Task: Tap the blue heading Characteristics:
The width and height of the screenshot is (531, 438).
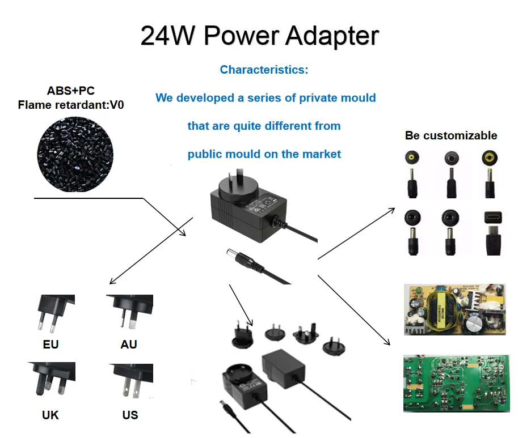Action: [264, 70]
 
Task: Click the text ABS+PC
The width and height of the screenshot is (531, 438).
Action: [71, 91]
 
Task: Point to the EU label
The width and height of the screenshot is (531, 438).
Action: [50, 345]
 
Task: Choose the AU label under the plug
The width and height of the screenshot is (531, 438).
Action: [129, 345]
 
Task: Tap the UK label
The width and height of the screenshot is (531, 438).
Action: [50, 415]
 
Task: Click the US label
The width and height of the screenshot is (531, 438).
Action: [130, 415]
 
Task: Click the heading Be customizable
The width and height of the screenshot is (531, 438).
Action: [451, 135]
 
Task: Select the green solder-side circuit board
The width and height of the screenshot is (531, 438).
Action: [456, 383]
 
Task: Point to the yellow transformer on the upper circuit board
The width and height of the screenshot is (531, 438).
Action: [445, 310]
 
